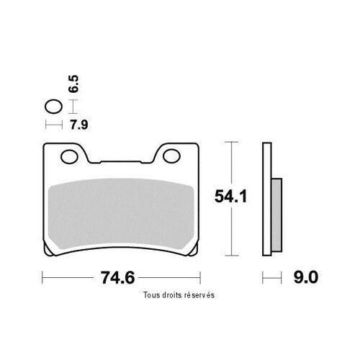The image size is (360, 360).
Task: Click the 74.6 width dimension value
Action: (x=117, y=278)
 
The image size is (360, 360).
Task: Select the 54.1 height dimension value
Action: (x=230, y=196)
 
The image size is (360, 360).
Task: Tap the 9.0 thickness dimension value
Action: (x=306, y=277)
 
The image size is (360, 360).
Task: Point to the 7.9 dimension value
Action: (x=79, y=125)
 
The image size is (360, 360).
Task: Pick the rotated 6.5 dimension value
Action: (x=73, y=84)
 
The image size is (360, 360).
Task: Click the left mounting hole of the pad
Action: (x=69, y=157)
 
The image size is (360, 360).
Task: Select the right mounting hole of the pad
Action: (x=171, y=156)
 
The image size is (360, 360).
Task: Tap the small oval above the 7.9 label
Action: (x=54, y=107)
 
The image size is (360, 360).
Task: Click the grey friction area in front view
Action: (x=121, y=214)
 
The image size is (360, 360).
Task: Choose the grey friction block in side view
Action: (x=276, y=215)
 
